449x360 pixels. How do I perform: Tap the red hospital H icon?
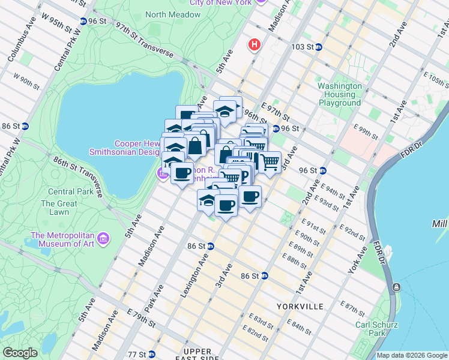pos(255,44)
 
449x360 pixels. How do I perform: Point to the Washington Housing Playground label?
pos(340,94)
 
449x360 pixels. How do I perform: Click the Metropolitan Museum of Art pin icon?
pos(103,239)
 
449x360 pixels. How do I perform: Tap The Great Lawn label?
pos(59,208)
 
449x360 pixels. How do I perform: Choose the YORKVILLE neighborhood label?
pos(300,306)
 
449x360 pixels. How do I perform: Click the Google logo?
pos(20,353)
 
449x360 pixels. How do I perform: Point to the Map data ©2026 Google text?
pos(412,355)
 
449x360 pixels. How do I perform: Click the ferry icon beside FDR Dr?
pos(396,288)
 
